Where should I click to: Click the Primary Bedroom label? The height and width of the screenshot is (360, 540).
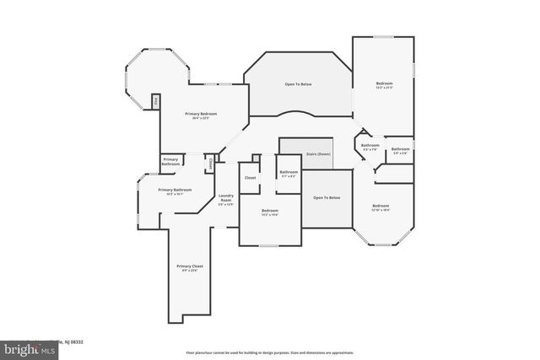pyautogui.click(x=201, y=114)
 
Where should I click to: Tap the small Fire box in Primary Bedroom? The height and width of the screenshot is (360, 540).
pyautogui.click(x=156, y=102)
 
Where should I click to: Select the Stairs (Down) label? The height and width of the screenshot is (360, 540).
pyautogui.click(x=318, y=155)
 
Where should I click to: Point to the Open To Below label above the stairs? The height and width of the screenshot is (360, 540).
pyautogui.click(x=298, y=84)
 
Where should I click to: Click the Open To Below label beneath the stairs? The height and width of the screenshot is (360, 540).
pyautogui.click(x=327, y=197)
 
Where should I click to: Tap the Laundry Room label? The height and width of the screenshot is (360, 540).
pyautogui.click(x=225, y=198)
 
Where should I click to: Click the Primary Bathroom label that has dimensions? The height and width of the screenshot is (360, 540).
pyautogui.click(x=176, y=191)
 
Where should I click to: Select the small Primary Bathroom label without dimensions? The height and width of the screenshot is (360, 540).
pyautogui.click(x=170, y=160)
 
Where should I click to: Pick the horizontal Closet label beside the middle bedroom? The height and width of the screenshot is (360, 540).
pyautogui.click(x=251, y=178)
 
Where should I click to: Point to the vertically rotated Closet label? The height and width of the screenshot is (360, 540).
pyautogui.click(x=210, y=164)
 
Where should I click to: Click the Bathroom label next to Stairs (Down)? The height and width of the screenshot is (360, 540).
pyautogui.click(x=289, y=173)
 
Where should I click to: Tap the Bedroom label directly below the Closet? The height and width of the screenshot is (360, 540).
pyautogui.click(x=270, y=211)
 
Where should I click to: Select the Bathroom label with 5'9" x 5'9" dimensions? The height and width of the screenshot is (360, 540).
pyautogui.click(x=400, y=150)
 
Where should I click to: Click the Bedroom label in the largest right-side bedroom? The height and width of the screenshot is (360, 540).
pyautogui.click(x=384, y=83)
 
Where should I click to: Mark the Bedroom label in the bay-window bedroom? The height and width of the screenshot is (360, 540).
pyautogui.click(x=381, y=206)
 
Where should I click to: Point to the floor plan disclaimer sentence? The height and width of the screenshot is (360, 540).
pyautogui.click(x=269, y=352)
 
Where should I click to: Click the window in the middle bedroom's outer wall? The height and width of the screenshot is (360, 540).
pyautogui.click(x=268, y=245)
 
